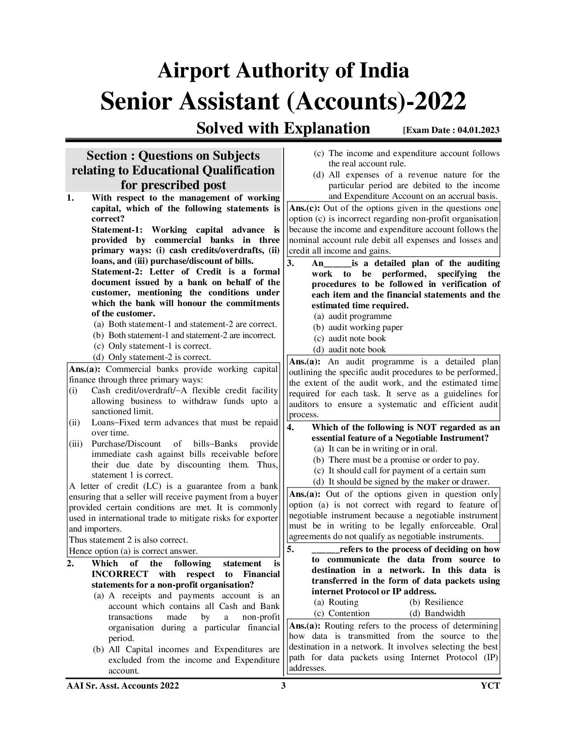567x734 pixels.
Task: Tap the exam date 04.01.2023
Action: click(478, 130)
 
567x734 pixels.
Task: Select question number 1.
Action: click(70, 198)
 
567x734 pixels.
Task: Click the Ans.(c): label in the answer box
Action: click(305, 208)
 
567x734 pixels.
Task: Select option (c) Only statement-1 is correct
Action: click(152, 346)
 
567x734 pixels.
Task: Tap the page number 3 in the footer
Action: click(283, 686)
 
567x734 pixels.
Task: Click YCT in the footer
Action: click(490, 686)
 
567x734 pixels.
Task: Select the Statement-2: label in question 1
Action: click(118, 272)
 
